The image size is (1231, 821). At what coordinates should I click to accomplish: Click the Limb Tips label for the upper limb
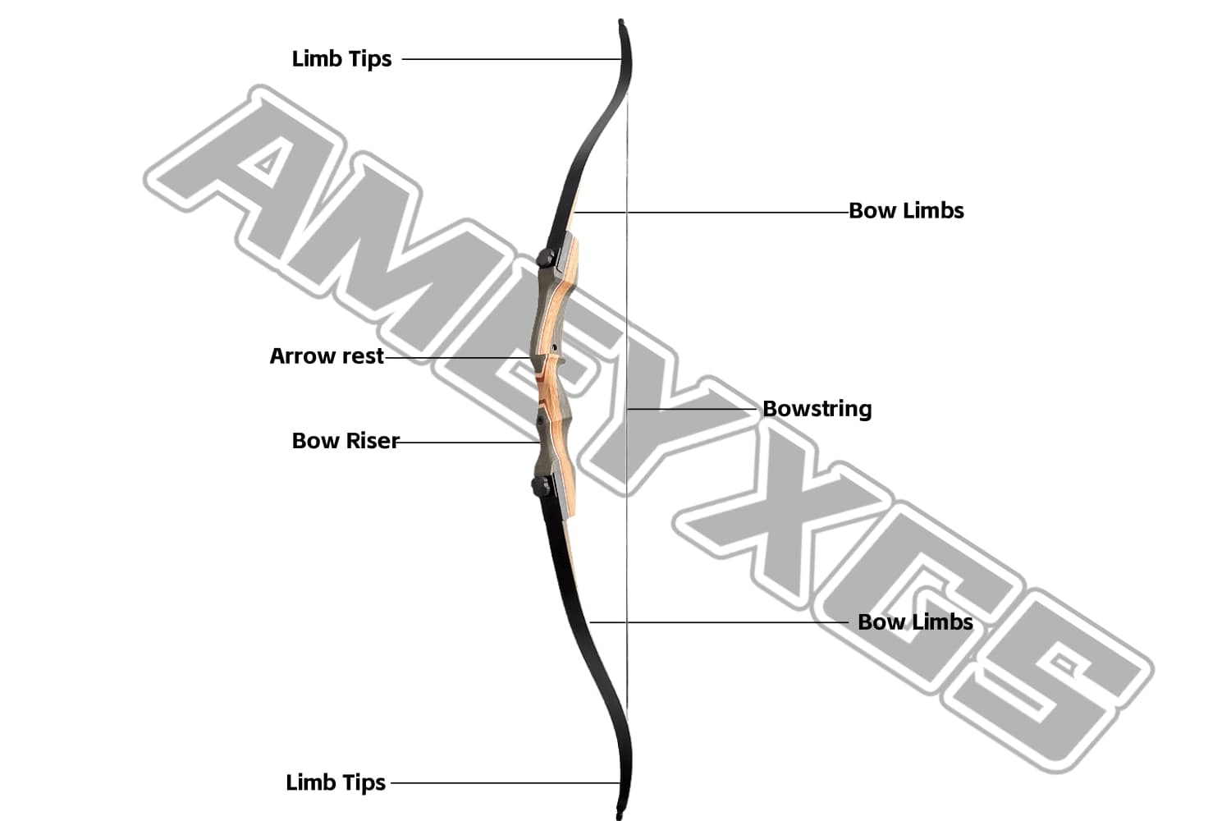point(341,59)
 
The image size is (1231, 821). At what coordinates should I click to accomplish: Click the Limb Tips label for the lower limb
point(336,782)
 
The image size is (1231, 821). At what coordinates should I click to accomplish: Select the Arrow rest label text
point(327,356)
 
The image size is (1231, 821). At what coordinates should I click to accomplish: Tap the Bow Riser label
point(345,441)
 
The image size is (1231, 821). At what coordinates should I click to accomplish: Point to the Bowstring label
point(817,409)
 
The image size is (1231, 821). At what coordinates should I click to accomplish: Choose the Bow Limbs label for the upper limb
point(906,211)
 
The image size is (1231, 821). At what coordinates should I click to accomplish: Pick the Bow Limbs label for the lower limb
point(915,622)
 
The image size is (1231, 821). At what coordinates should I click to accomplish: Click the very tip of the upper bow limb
point(621,22)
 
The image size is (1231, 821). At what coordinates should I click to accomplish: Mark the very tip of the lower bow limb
point(620,814)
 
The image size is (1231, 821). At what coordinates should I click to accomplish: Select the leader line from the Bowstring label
point(693,408)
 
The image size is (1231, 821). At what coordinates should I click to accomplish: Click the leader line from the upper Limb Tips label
point(509,59)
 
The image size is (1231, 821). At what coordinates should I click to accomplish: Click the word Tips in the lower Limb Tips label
point(361,782)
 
